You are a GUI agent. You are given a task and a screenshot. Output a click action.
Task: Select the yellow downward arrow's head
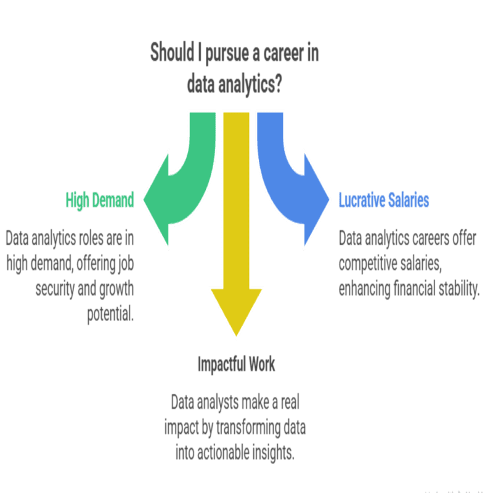237,308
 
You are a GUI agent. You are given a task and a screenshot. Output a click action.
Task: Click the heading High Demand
100,201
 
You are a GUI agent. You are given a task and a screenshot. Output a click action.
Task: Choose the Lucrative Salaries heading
384,201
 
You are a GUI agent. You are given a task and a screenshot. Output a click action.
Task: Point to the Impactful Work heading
236,364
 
